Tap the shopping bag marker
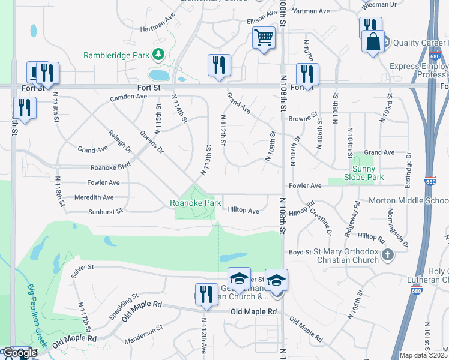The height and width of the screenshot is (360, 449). pos(373,42)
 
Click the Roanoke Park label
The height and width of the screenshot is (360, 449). pos(196,203)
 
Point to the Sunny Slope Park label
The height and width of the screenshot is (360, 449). pos(364,173)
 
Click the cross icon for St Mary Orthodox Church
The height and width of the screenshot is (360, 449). pos(388,255)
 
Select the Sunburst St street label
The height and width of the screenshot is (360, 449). pos(106,211)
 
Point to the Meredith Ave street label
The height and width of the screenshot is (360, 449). pos(94,197)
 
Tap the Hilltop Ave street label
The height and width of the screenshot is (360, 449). pos(243,211)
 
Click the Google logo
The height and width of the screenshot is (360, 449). pos(19,353)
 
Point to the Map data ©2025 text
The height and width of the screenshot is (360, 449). pos(423,355)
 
